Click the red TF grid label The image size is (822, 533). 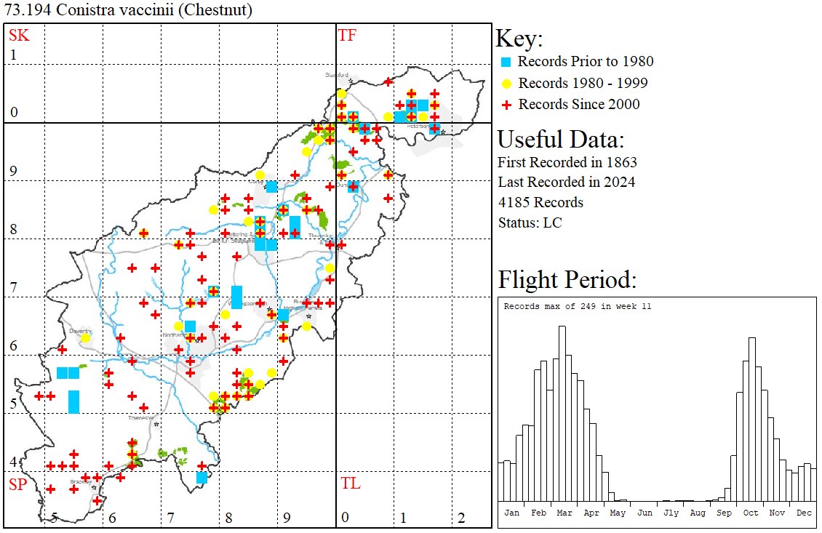pyautogui.click(x=347, y=35)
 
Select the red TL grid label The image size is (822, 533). pyautogui.click(x=351, y=484)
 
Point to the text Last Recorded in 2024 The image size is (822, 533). pyautogui.click(x=566, y=182)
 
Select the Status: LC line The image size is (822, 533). pyautogui.click(x=530, y=223)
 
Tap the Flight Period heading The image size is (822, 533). pyautogui.click(x=567, y=280)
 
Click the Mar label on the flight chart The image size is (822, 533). pyautogui.click(x=564, y=513)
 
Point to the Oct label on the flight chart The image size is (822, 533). pyautogui.click(x=751, y=513)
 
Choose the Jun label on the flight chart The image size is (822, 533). pyautogui.click(x=645, y=513)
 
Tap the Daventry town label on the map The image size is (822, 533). pyautogui.click(x=79, y=330)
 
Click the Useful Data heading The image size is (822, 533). pyautogui.click(x=560, y=139)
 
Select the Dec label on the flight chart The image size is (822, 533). pyautogui.click(x=804, y=513)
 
